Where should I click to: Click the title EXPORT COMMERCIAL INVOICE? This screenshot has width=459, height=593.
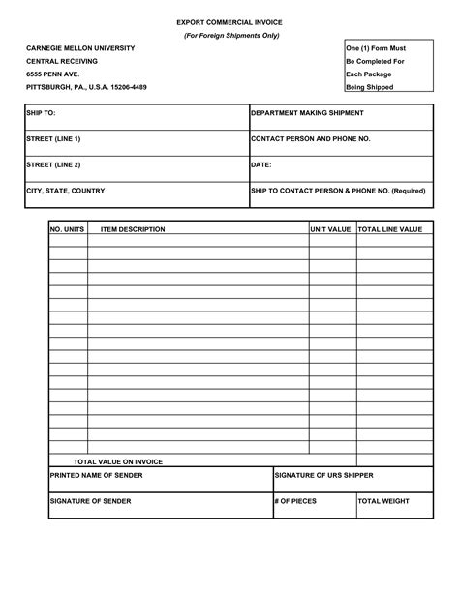coord(229,20)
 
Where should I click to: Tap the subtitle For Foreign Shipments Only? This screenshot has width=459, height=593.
coord(229,35)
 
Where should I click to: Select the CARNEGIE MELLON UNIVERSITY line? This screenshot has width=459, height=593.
coord(80,48)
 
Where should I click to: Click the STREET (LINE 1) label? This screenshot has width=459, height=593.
coord(52,139)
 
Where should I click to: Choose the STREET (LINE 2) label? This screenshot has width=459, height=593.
coord(52,165)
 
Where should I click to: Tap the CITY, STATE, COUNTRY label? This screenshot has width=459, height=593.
coord(65,191)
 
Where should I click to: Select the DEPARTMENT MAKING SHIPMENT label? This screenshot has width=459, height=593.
coord(307,113)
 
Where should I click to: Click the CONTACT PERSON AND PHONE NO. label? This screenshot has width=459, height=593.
coord(310,139)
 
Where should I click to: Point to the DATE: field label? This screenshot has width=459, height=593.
coord(260,165)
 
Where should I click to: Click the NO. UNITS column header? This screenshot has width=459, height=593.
coord(69,229)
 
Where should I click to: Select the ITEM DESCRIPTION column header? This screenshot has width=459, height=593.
coord(133,229)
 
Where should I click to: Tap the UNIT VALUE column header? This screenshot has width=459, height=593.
coord(330,229)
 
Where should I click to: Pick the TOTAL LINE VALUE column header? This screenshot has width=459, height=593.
coord(390,229)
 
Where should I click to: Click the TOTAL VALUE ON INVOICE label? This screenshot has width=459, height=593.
coord(118,461)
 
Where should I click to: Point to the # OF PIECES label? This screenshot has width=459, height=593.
coord(295,501)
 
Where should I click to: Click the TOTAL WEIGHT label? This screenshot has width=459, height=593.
coord(384,501)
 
